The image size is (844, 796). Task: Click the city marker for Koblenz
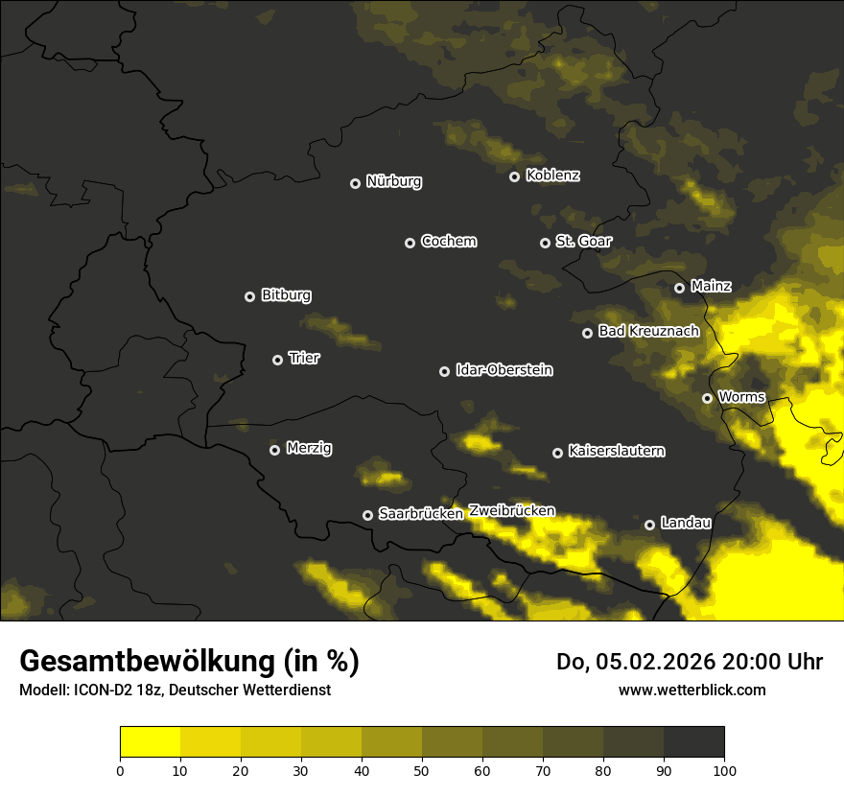point(514,176)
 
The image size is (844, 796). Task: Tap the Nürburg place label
point(393,181)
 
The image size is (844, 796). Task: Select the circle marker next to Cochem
point(410,243)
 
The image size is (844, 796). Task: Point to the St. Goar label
point(583,241)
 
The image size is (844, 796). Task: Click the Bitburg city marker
point(249,296)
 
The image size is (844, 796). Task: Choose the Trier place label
point(303,358)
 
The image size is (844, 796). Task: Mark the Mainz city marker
point(679,288)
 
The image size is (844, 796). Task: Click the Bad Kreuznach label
point(648,331)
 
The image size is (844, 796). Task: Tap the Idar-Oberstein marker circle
point(444,371)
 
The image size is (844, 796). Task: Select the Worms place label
point(740,396)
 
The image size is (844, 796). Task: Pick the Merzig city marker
point(274,450)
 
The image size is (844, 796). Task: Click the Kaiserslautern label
point(616,451)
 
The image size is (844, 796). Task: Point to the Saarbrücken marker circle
point(367,515)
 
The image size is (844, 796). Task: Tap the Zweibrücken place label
point(511,511)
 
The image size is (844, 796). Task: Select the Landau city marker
point(649,525)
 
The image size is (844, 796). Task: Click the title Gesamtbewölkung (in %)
point(189,662)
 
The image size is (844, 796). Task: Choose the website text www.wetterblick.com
point(692,690)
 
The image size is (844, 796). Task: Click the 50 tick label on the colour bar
point(422,769)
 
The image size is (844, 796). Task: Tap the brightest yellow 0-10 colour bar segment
point(150,742)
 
